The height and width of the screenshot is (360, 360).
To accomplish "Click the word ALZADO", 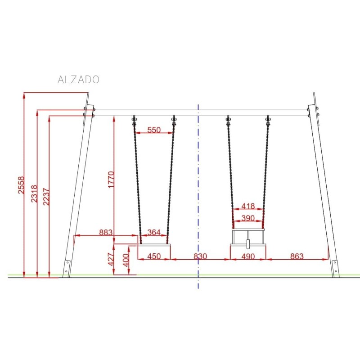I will [79, 80].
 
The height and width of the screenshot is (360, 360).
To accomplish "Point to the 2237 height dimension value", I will [45, 196].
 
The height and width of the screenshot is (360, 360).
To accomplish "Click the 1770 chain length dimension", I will [111, 180].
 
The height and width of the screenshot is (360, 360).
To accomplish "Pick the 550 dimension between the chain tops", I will [154, 130].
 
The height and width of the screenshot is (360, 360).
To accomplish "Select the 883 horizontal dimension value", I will [105, 232].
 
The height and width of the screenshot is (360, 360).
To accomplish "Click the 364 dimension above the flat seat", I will [154, 232].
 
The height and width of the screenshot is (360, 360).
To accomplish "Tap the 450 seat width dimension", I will [154, 256].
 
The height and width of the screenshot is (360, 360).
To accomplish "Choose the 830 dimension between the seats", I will [200, 256].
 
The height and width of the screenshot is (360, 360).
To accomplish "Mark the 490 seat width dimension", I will [248, 256].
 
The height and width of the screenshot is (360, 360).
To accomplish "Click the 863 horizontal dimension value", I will [297, 256].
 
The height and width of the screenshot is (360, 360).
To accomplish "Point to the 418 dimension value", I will [248, 207].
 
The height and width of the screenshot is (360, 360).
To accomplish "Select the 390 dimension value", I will [248, 218].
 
